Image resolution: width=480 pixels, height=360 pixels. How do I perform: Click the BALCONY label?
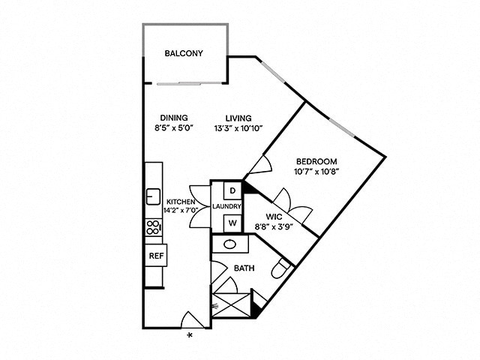point(184,53)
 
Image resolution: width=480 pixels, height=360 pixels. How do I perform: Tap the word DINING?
point(173,118)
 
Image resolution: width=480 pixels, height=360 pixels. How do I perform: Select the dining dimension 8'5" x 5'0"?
point(173,128)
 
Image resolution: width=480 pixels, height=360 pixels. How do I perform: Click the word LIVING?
point(237,118)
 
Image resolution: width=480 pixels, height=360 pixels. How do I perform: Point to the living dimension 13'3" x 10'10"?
point(237,128)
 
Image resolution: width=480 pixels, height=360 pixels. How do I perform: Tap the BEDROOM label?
point(316,161)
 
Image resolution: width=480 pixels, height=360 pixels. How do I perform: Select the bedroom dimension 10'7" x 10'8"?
point(316,172)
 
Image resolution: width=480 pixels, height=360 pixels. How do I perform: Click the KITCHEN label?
point(181,201)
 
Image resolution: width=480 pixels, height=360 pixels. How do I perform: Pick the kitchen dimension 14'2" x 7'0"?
point(181,211)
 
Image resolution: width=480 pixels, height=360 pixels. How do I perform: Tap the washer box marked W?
point(232,223)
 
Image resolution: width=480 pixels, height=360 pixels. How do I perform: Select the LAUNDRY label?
point(226,206)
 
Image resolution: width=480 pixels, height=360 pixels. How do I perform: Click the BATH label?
point(244,267)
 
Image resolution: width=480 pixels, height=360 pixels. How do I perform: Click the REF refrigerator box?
point(156,256)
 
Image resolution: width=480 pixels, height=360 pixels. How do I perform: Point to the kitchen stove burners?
point(152,226)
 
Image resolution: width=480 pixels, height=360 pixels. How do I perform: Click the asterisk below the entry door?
point(190,334)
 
